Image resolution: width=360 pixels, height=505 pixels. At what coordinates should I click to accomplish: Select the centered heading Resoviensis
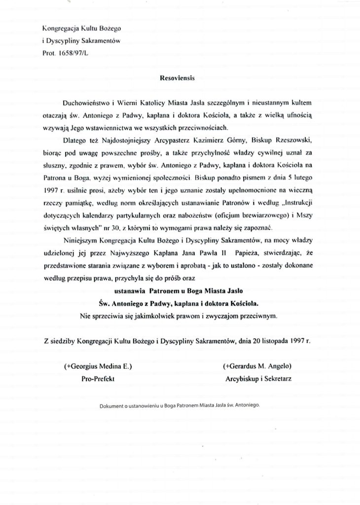[180, 78]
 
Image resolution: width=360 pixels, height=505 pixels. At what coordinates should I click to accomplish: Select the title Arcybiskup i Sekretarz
[257, 380]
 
